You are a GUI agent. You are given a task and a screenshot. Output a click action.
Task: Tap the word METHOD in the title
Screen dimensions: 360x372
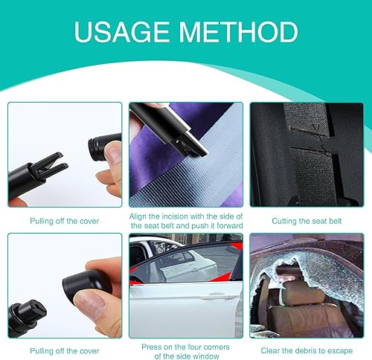[x=243, y=33]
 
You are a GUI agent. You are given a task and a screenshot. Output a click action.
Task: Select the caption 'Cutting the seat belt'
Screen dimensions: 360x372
[x=306, y=221]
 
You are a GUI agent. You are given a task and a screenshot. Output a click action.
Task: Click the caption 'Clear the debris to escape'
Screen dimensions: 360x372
[x=306, y=350]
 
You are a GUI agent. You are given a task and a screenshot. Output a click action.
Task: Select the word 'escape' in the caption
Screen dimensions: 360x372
[x=339, y=350]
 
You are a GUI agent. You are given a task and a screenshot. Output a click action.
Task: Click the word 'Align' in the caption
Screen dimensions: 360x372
[x=141, y=216]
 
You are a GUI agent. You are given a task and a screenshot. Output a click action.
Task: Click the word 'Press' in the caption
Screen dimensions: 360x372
[x=153, y=345]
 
